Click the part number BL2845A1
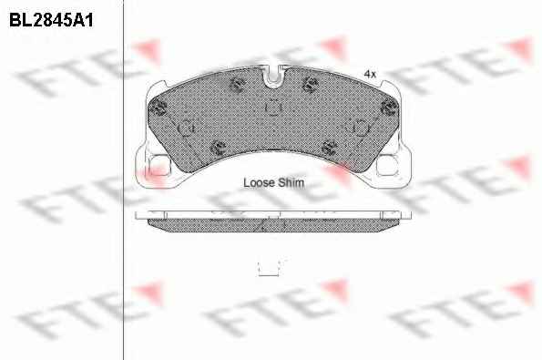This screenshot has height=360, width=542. tap(51, 20)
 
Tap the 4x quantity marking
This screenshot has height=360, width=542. tap(370, 74)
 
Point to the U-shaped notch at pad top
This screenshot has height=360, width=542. tap(273, 76)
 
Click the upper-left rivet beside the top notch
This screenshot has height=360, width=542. tap(238, 84)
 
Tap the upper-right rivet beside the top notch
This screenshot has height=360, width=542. tap(310, 84)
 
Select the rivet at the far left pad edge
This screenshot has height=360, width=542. tap(159, 108)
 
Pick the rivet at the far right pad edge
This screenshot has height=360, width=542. tap(389, 107)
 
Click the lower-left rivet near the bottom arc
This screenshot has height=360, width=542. tap(219, 148)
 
